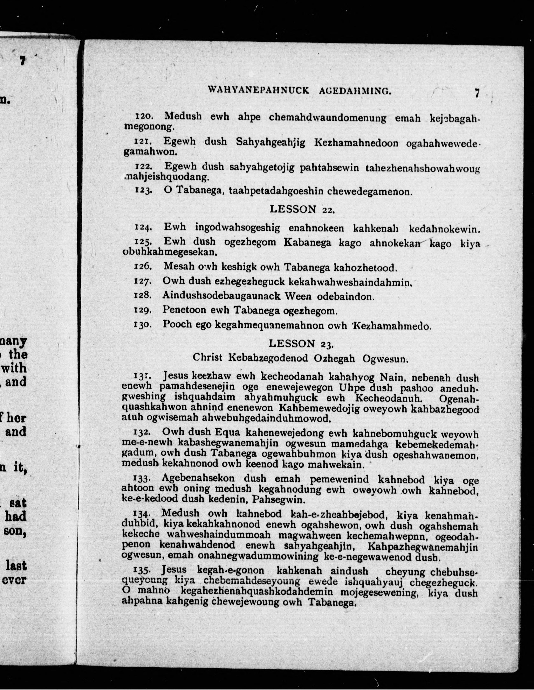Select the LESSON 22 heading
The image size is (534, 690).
(x=301, y=209)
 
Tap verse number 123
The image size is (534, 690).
(x=144, y=191)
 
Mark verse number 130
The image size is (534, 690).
(x=143, y=325)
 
